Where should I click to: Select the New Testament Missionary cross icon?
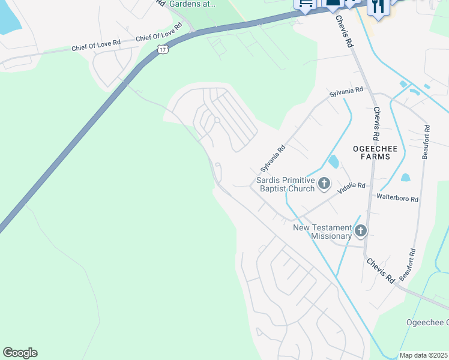(360, 230)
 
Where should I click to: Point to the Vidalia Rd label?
(351, 187)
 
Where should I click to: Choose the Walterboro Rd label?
(397, 197)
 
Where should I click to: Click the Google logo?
(20, 353)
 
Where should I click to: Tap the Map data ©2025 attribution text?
(424, 355)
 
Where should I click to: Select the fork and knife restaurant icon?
(378, 7)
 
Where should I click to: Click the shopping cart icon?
(305, 4)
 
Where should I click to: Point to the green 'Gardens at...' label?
(191, 4)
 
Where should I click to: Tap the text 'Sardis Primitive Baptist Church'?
(285, 184)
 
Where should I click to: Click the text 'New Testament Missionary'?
(322, 232)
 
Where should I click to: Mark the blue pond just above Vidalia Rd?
(334, 161)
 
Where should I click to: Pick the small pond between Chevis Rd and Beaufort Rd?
(405, 178)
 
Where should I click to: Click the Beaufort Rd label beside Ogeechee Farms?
(426, 142)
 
